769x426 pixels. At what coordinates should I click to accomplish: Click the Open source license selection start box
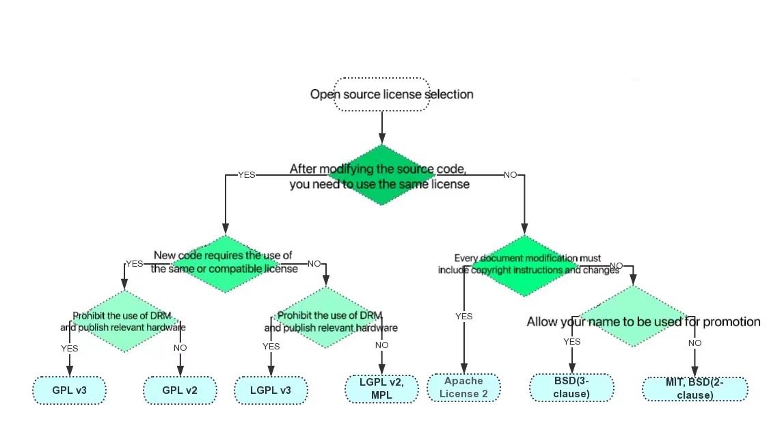tap(381, 94)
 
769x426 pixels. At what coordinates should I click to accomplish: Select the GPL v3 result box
tap(68, 390)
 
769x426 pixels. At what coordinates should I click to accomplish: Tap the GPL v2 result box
tap(180, 390)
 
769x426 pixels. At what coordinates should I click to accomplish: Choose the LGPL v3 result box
tap(271, 390)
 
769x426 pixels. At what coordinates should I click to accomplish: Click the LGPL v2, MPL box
tap(381, 388)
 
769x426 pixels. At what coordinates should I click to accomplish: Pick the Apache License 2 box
tap(463, 387)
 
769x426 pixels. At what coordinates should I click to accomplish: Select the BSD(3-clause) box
tap(571, 387)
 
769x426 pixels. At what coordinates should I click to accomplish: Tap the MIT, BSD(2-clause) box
tap(694, 389)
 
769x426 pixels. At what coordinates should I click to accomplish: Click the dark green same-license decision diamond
tap(381, 175)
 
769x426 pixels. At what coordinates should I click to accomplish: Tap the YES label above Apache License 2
tap(464, 316)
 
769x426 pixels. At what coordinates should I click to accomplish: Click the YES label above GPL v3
tap(69, 348)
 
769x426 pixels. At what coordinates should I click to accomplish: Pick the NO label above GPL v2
tap(180, 348)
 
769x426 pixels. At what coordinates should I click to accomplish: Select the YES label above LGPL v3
tap(271, 347)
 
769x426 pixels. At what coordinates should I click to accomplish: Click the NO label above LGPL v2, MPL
tap(381, 345)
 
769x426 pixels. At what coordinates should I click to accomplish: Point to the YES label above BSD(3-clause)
tap(571, 342)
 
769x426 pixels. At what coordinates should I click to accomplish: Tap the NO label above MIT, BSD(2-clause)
tap(694, 343)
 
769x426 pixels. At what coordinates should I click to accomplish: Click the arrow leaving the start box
tap(381, 127)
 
